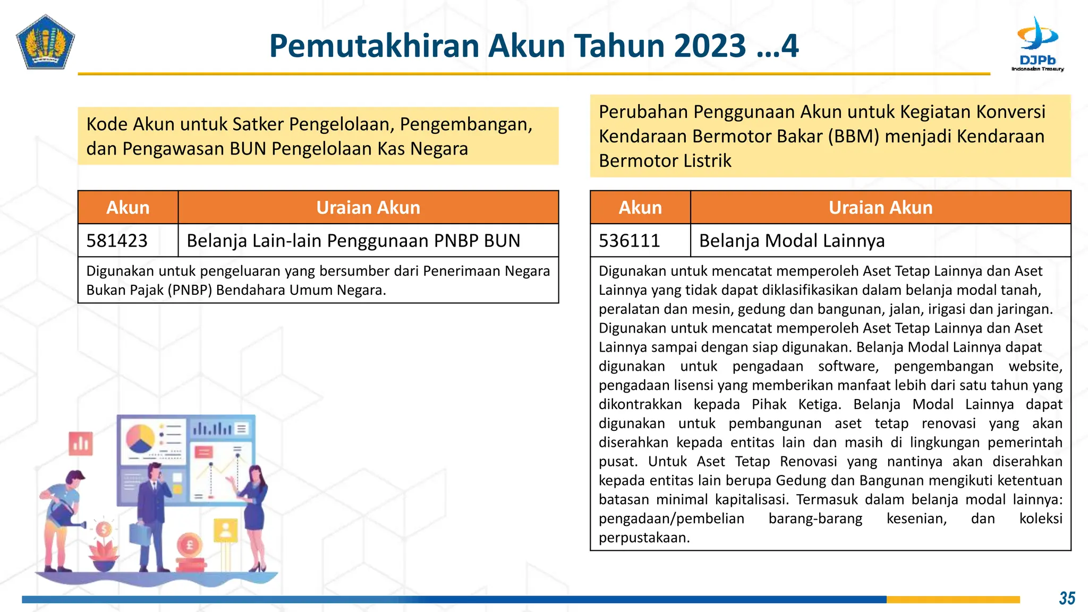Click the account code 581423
pos(117,241)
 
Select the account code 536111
pos(629,241)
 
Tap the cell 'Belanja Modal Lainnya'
pos(792,241)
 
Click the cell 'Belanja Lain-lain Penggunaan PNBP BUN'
pos(353,241)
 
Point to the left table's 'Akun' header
pos(127,207)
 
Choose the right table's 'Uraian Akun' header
pos(880,207)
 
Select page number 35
pos(1067,598)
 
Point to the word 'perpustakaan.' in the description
pos(644,538)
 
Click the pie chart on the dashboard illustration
pos(140,438)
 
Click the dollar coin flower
pos(104,530)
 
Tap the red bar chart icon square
pos(81,443)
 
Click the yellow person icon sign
pos(226,530)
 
